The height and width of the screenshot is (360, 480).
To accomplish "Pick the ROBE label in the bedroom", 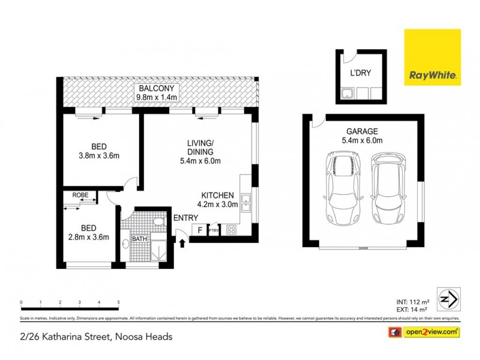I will tap(80, 195).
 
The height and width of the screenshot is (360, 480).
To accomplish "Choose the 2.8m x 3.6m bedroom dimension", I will tap(88, 236).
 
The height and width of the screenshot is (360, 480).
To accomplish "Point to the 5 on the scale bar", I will tap(118, 302).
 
